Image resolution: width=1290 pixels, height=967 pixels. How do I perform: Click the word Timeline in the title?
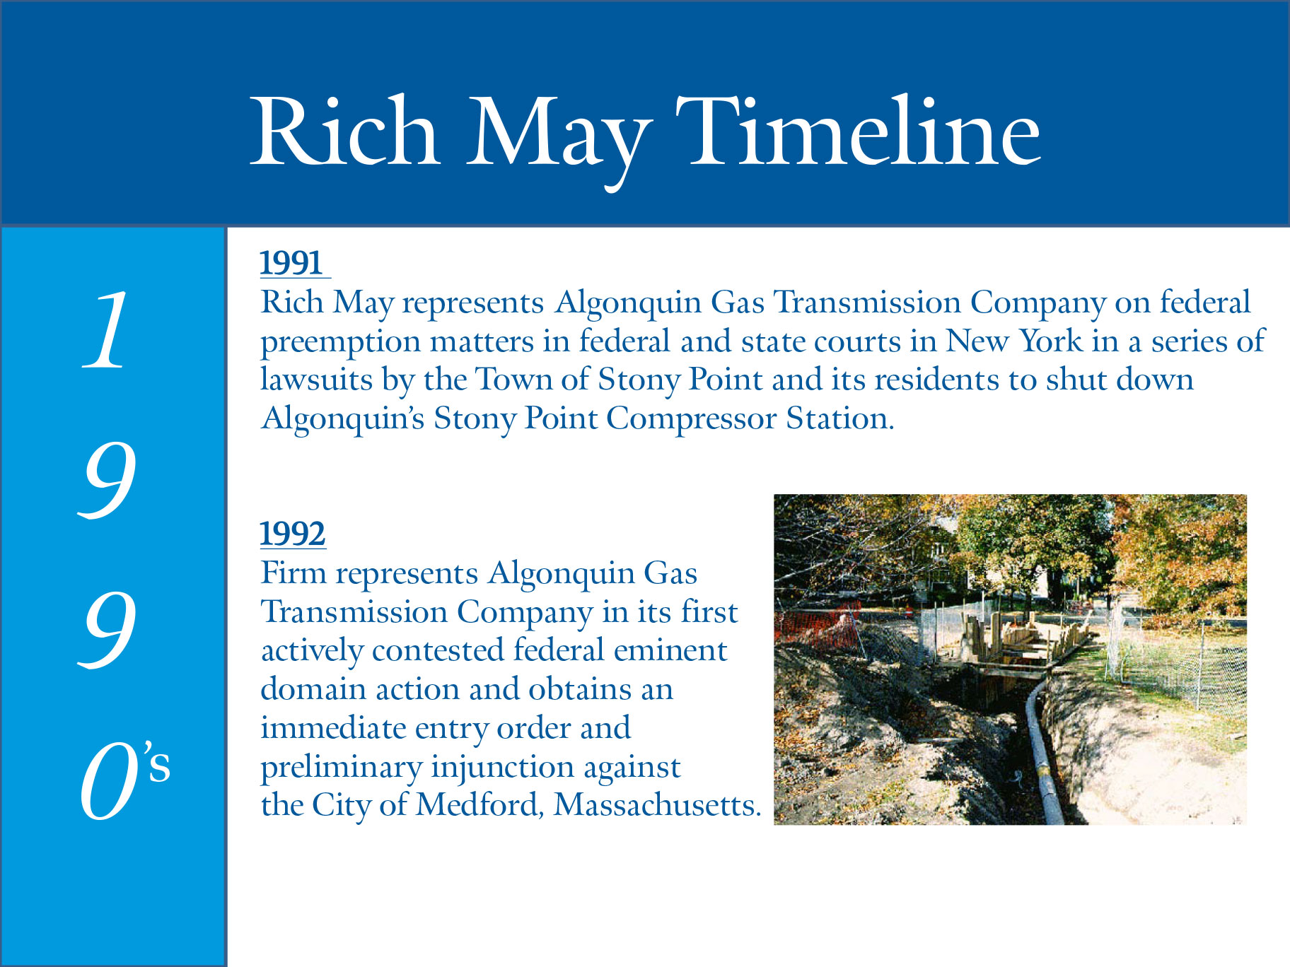click(x=858, y=131)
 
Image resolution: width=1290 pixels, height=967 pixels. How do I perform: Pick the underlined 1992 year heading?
click(x=293, y=534)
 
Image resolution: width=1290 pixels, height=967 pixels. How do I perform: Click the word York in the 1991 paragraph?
click(x=1051, y=341)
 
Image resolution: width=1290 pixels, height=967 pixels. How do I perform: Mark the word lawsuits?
click(x=316, y=380)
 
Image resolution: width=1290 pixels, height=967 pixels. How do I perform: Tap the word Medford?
click(x=480, y=804)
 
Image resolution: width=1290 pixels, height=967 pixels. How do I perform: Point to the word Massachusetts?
click(x=657, y=804)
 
